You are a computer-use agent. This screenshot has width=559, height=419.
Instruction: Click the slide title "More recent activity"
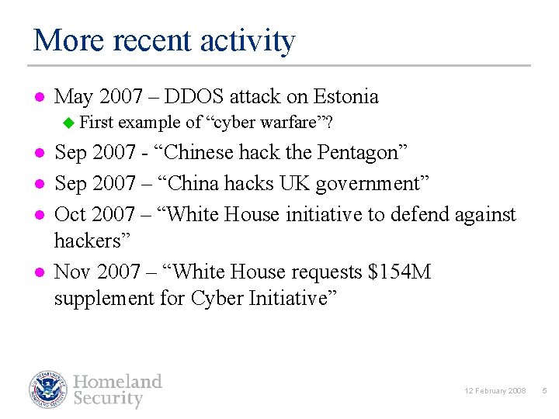coord(165,40)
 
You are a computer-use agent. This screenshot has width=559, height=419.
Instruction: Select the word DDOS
coord(194,97)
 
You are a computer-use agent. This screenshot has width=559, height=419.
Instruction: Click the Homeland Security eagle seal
coord(49,390)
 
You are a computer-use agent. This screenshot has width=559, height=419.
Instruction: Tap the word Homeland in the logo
coord(118,382)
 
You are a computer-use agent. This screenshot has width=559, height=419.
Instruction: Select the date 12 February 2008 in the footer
coord(496,391)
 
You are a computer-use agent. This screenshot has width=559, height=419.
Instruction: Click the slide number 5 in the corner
coord(544,391)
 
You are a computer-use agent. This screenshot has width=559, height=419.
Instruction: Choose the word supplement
coord(105,300)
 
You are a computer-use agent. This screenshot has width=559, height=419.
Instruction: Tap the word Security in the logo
coord(109,400)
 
